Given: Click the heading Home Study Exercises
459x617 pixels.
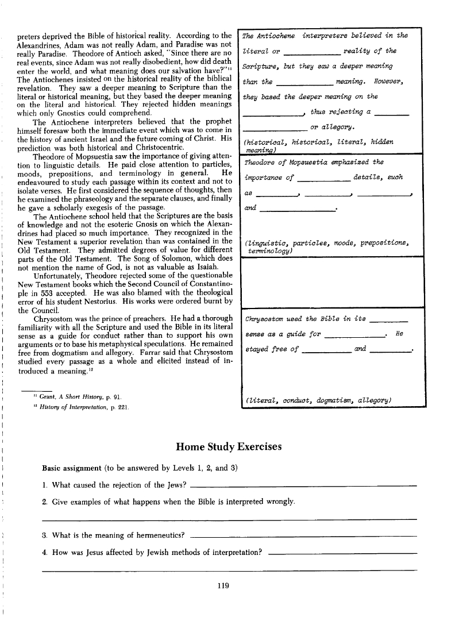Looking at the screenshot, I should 229,445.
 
